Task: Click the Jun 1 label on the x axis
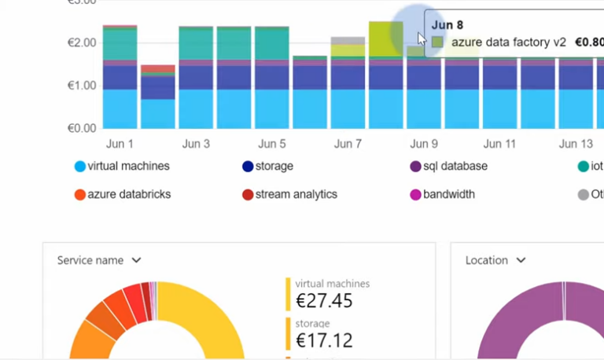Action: click(x=120, y=144)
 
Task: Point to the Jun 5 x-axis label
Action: click(x=272, y=144)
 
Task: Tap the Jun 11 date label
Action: click(x=499, y=144)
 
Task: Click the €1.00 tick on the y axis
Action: click(x=82, y=85)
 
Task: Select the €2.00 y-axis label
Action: click(x=82, y=42)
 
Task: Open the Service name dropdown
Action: click(x=99, y=260)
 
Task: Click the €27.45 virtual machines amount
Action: click(x=324, y=300)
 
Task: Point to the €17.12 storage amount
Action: click(x=324, y=340)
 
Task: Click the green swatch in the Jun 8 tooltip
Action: click(x=437, y=42)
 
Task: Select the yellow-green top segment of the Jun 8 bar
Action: click(x=385, y=38)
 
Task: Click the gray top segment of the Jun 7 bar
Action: click(x=347, y=40)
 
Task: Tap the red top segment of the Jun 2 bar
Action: click(x=158, y=68)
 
